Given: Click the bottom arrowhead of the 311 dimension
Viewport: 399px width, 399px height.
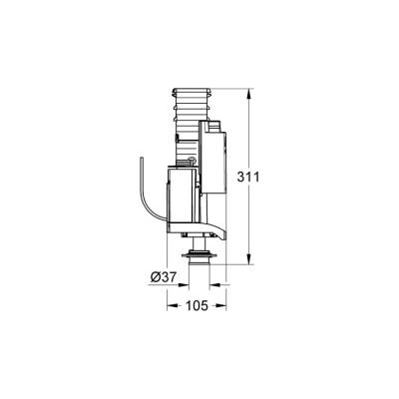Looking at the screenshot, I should [x=244, y=261].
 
